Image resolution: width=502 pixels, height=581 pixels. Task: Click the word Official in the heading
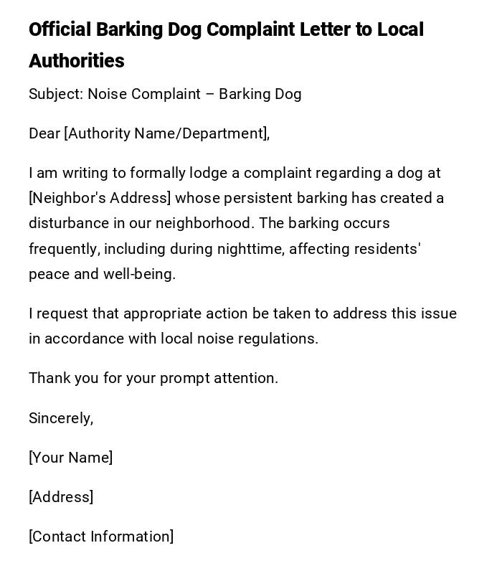point(60,30)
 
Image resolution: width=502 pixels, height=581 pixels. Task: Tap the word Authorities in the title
point(77,61)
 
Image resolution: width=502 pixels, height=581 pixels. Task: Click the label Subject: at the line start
point(56,94)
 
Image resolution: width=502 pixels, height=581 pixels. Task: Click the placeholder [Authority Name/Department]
point(166,133)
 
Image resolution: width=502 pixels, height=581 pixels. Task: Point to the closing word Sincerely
point(60,418)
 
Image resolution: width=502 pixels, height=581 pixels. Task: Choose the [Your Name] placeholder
point(71,458)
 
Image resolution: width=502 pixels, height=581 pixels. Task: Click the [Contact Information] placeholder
point(101,537)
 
